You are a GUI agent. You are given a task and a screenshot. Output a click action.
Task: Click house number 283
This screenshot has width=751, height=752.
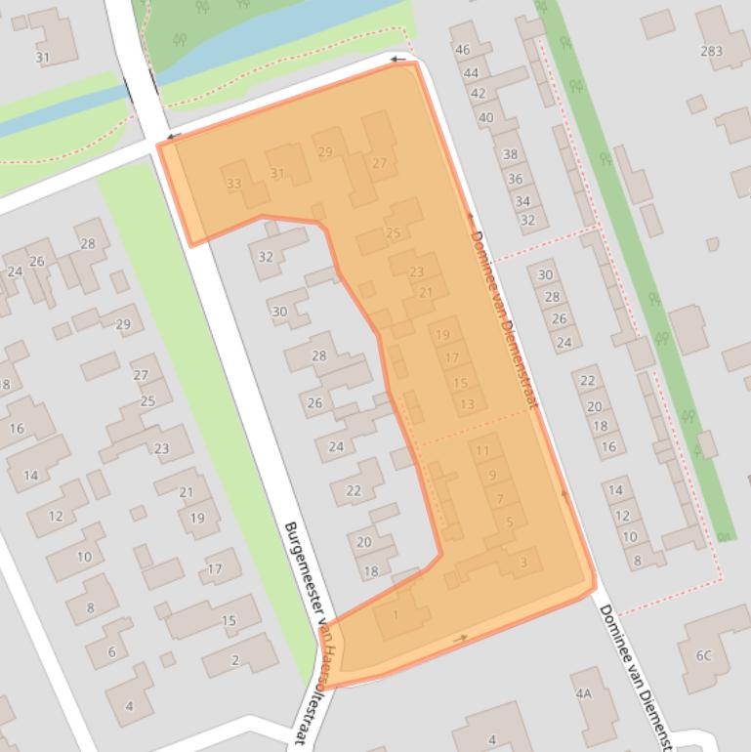tap(711, 51)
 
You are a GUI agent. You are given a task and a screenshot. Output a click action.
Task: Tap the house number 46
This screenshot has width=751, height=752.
tap(463, 50)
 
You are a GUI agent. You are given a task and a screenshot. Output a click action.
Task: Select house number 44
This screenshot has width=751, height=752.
tap(471, 72)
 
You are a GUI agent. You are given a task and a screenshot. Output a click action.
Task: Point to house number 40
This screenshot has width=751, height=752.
tap(485, 117)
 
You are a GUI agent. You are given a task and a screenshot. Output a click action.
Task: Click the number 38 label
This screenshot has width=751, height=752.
tap(510, 154)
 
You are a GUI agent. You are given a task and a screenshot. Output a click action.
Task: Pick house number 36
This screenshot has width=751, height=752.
tap(515, 179)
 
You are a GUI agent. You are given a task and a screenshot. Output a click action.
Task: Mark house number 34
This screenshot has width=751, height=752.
tap(522, 201)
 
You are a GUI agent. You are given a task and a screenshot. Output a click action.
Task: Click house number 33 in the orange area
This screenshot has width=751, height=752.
tap(233, 184)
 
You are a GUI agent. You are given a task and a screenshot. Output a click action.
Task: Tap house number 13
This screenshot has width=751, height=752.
tap(467, 404)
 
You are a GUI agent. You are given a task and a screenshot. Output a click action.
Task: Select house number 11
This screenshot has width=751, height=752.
tap(482, 451)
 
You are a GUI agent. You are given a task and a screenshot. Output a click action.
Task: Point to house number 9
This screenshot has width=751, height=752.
tap(492, 476)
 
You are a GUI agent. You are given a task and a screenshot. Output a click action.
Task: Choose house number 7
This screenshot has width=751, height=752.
tap(500, 499)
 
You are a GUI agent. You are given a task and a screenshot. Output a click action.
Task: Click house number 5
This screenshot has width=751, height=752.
tap(510, 522)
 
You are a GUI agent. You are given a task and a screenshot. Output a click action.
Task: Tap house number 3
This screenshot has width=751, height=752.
tap(524, 562)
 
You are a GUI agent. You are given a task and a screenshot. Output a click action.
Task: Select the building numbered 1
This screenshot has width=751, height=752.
tap(396, 614)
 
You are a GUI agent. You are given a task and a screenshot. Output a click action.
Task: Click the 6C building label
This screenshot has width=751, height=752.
tap(703, 655)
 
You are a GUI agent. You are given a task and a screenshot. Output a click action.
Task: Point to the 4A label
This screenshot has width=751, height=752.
tap(584, 693)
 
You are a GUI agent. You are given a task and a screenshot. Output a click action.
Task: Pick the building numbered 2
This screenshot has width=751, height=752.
tap(235, 660)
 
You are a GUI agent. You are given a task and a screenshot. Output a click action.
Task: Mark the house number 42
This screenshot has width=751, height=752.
tap(478, 94)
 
